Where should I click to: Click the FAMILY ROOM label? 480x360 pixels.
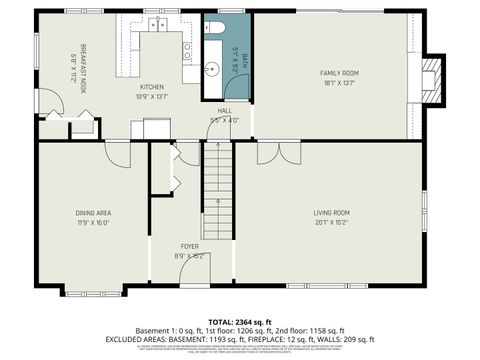pos(339,74)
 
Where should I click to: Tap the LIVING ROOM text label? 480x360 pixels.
pos(331,212)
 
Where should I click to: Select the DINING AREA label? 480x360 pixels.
pos(93,212)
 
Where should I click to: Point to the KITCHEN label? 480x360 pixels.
pos(151,87)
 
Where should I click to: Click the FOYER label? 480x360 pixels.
pos(189,246)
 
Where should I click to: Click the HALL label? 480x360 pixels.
pos(225,111)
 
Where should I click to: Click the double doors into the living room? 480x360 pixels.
pos(269,152)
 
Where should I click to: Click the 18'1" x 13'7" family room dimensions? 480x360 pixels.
pos(339,83)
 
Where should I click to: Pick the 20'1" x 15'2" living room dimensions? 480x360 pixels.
pos(331,222)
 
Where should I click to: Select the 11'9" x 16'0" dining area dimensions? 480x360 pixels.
pos(93,222)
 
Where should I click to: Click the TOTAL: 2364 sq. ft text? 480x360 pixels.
pos(239,321)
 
